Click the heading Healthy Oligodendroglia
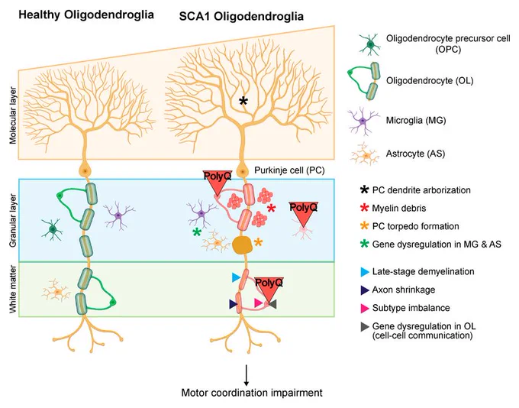coord(86,15)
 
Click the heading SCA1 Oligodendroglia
coord(241,17)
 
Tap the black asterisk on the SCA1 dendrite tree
coord(243,101)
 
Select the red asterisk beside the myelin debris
coord(271,209)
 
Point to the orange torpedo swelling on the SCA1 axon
coord(242,245)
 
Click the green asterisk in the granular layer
coord(197,232)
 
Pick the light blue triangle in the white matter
coord(236,277)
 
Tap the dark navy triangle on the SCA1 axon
coord(234,304)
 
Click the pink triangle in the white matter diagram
coord(258,303)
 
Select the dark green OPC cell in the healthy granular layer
coord(53,229)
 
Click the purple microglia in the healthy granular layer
coord(118,215)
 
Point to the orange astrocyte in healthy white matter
coord(57,292)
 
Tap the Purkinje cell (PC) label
coord(289,170)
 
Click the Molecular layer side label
coord(13,115)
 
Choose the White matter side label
coord(13,289)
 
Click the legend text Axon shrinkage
coord(404,290)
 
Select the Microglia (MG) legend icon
coord(363,121)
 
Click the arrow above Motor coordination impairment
coord(247,375)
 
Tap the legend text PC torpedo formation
coord(415,226)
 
